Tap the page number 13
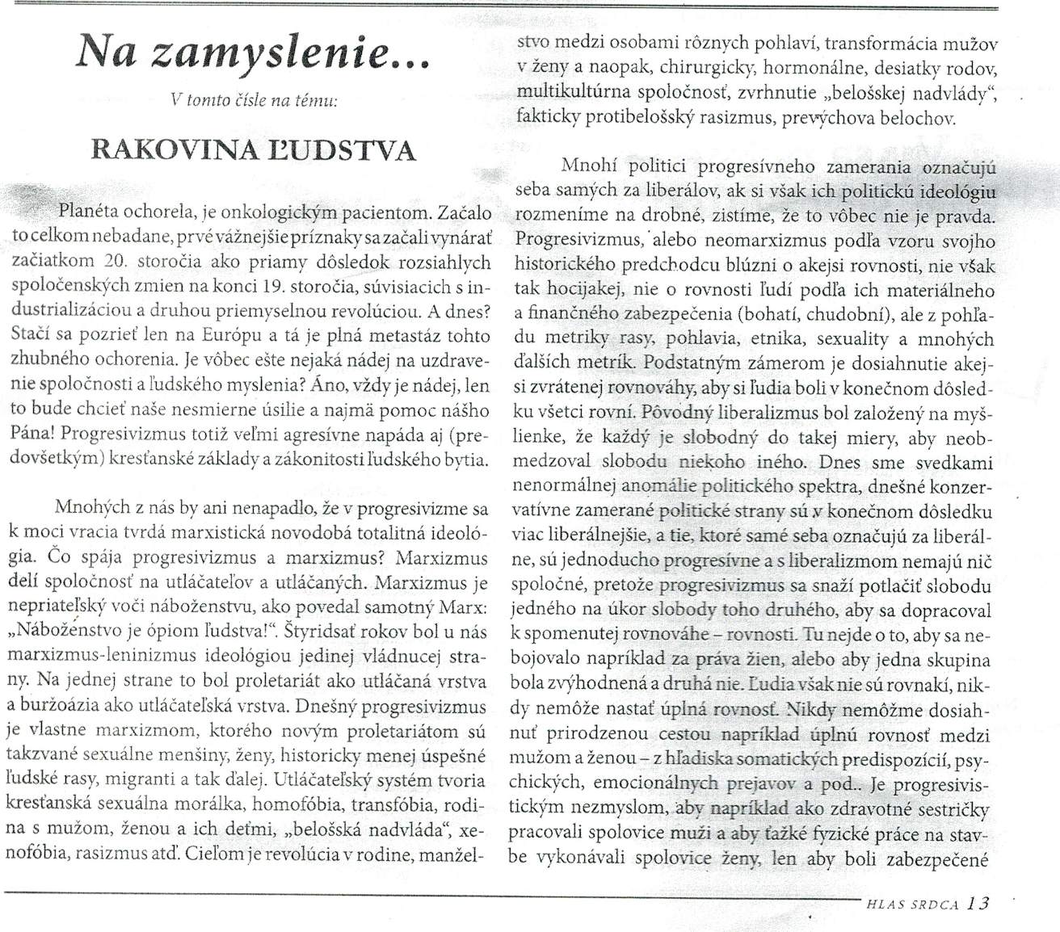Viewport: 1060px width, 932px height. tap(977, 903)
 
